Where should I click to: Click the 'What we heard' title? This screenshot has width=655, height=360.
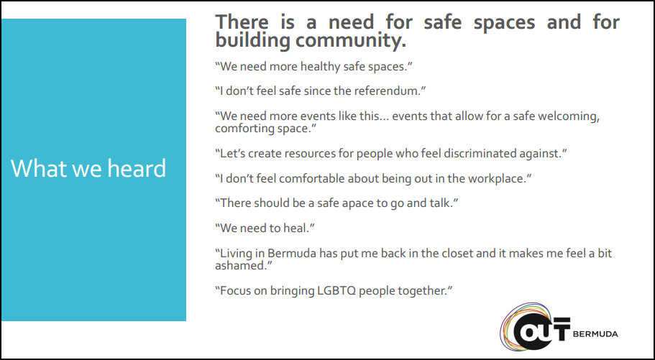(x=88, y=168)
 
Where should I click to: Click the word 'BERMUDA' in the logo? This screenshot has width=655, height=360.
(x=595, y=334)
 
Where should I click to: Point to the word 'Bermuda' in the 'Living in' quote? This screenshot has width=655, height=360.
(x=288, y=254)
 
